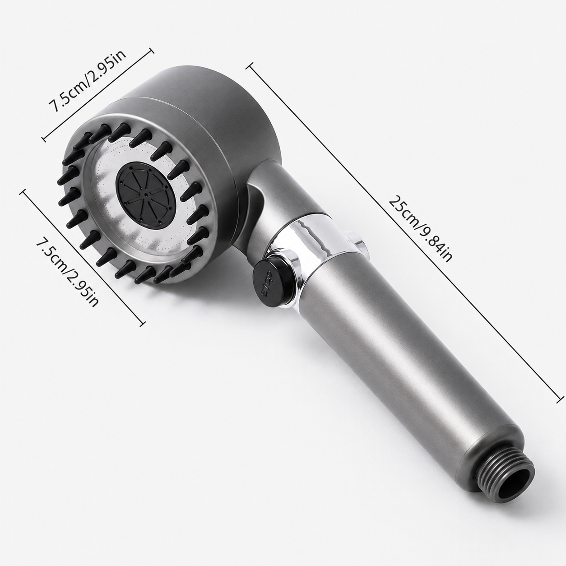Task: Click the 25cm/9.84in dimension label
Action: pyautogui.click(x=420, y=229)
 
